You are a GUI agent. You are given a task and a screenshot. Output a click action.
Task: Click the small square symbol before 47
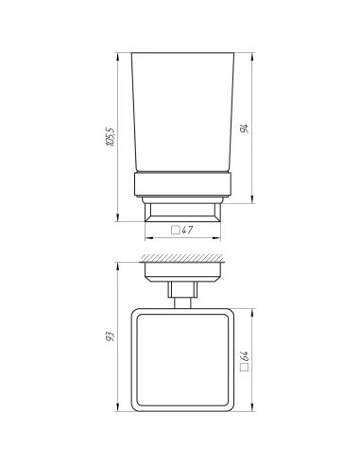click(174, 230)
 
